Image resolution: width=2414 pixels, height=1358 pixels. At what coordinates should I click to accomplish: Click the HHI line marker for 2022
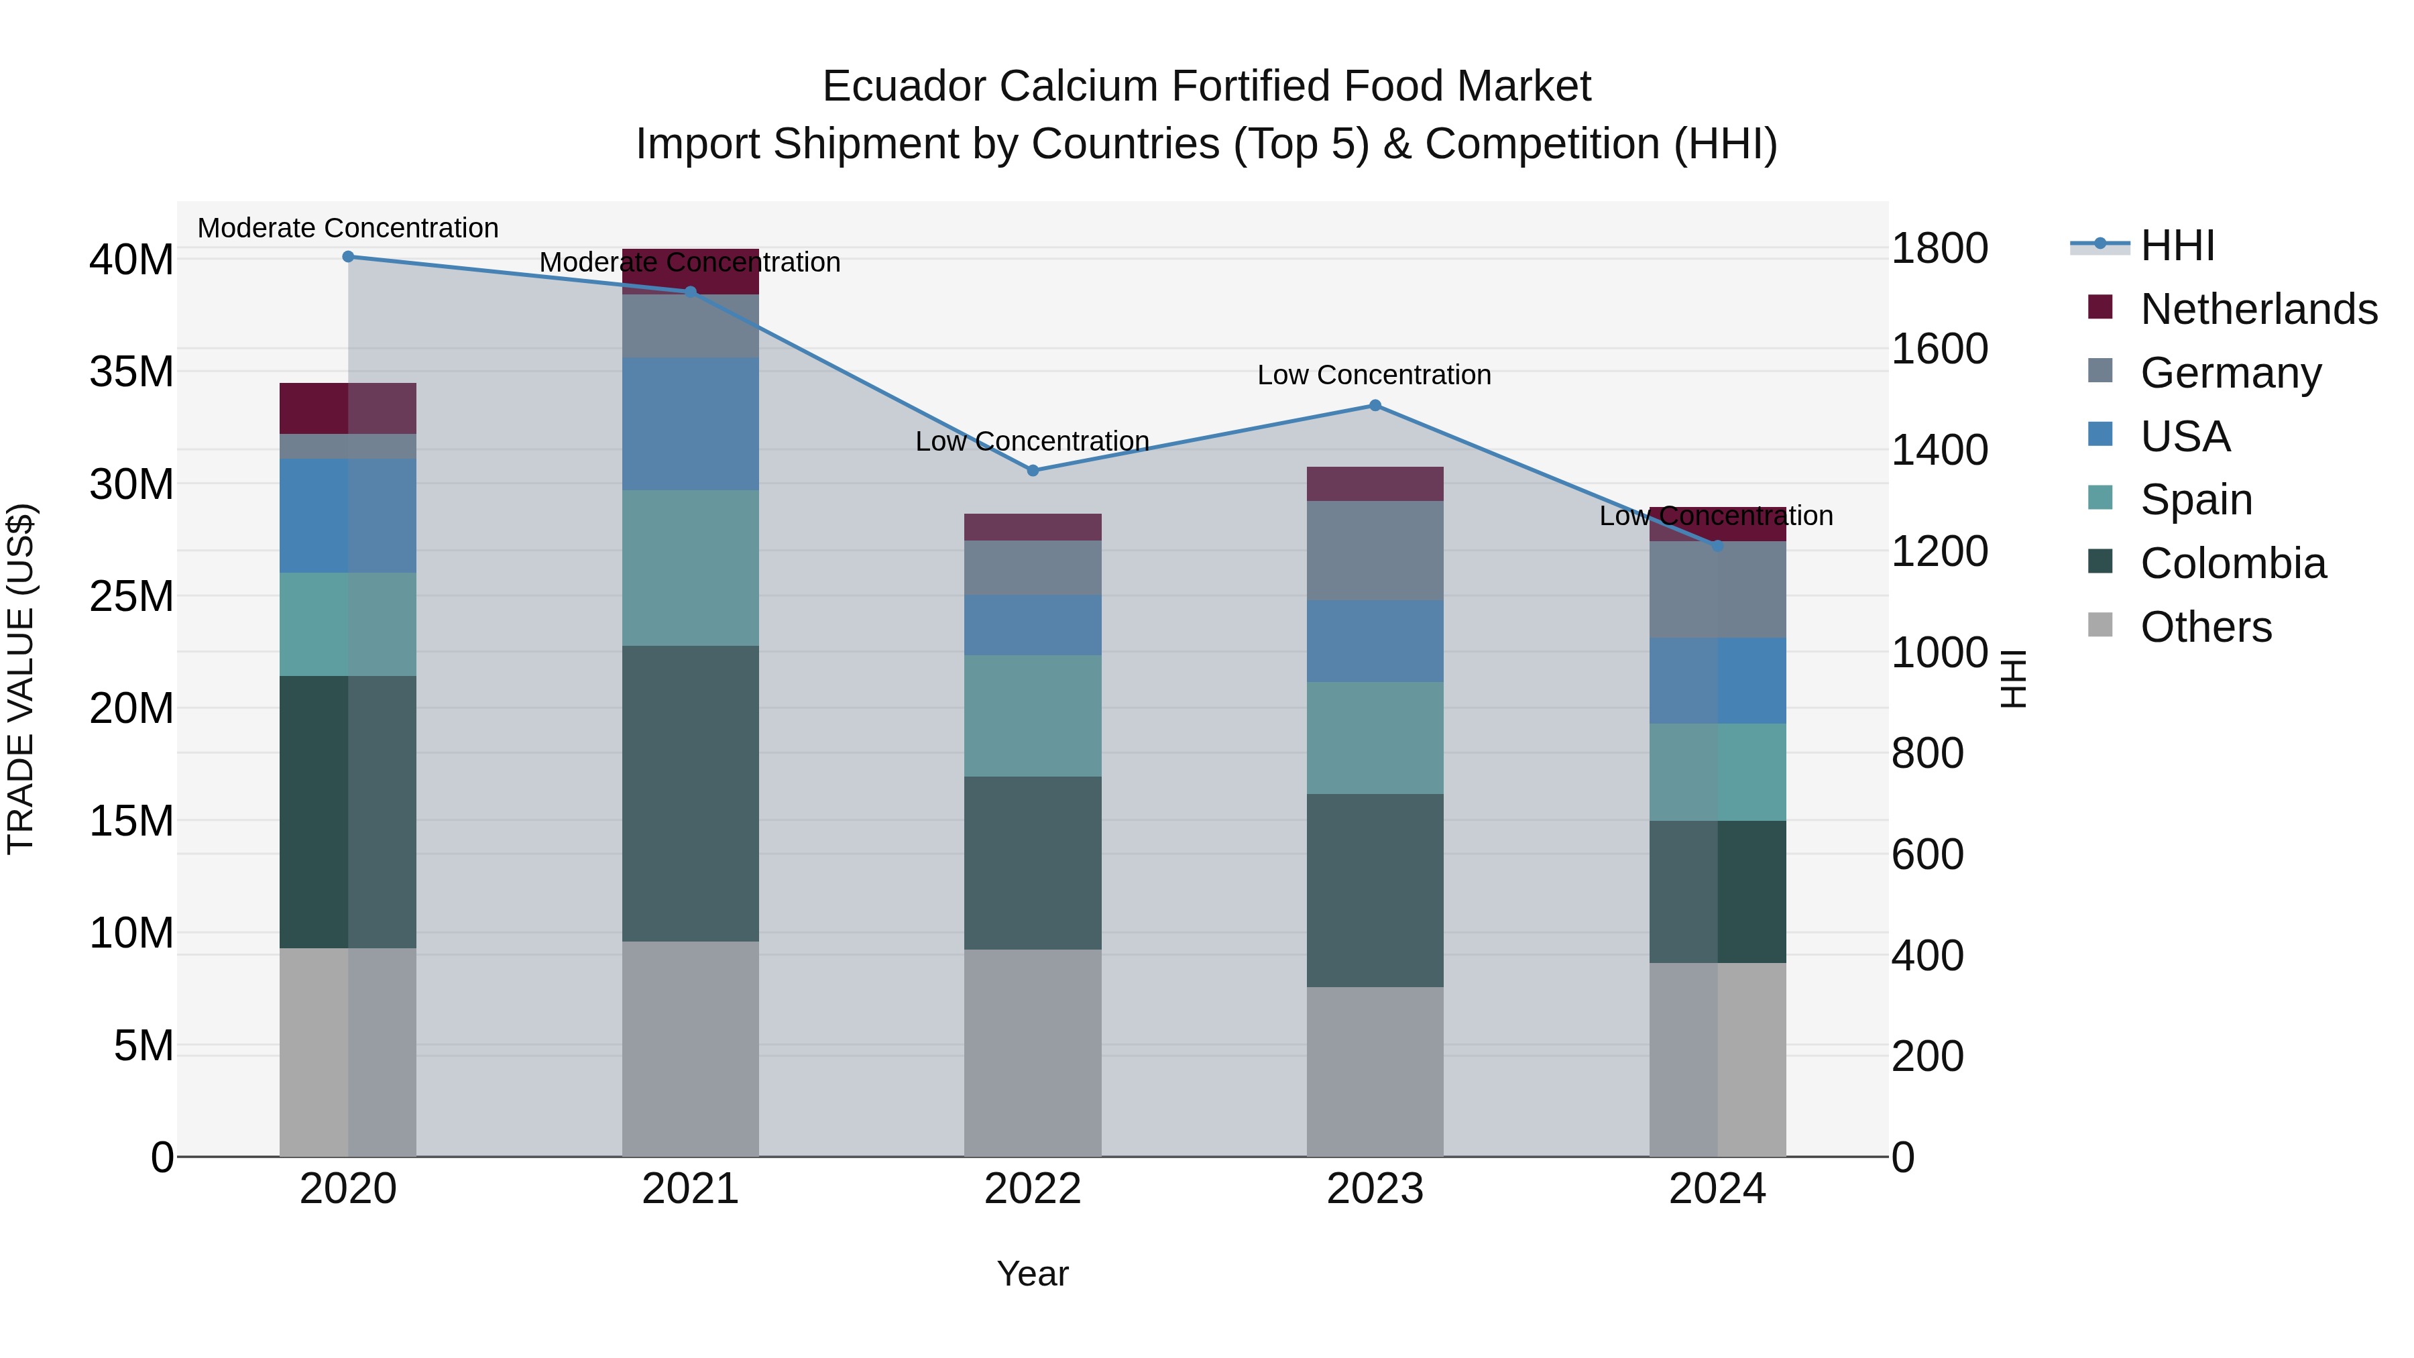click(1033, 471)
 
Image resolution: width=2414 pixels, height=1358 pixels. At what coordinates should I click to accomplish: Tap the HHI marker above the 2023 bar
click(1375, 406)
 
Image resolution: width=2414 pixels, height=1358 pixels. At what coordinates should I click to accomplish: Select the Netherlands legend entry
click(2258, 309)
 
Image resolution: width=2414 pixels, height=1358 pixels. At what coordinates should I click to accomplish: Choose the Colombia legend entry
click(2232, 563)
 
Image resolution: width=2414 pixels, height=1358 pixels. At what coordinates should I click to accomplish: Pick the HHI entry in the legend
click(2177, 245)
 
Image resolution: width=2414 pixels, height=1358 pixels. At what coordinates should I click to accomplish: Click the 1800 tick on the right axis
click(1939, 248)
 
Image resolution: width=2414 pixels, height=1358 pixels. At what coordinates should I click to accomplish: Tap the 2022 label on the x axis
click(1033, 1189)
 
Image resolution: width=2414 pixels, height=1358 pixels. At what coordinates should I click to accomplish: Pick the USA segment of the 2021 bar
click(691, 424)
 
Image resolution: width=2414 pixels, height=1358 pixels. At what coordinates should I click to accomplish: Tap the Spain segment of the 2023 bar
click(1375, 738)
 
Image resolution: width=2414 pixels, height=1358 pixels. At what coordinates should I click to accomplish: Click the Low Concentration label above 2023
click(1374, 375)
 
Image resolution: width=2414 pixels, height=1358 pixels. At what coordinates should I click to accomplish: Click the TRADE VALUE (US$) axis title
click(21, 679)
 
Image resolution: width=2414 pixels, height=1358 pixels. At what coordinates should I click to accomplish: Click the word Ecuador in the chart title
click(905, 87)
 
